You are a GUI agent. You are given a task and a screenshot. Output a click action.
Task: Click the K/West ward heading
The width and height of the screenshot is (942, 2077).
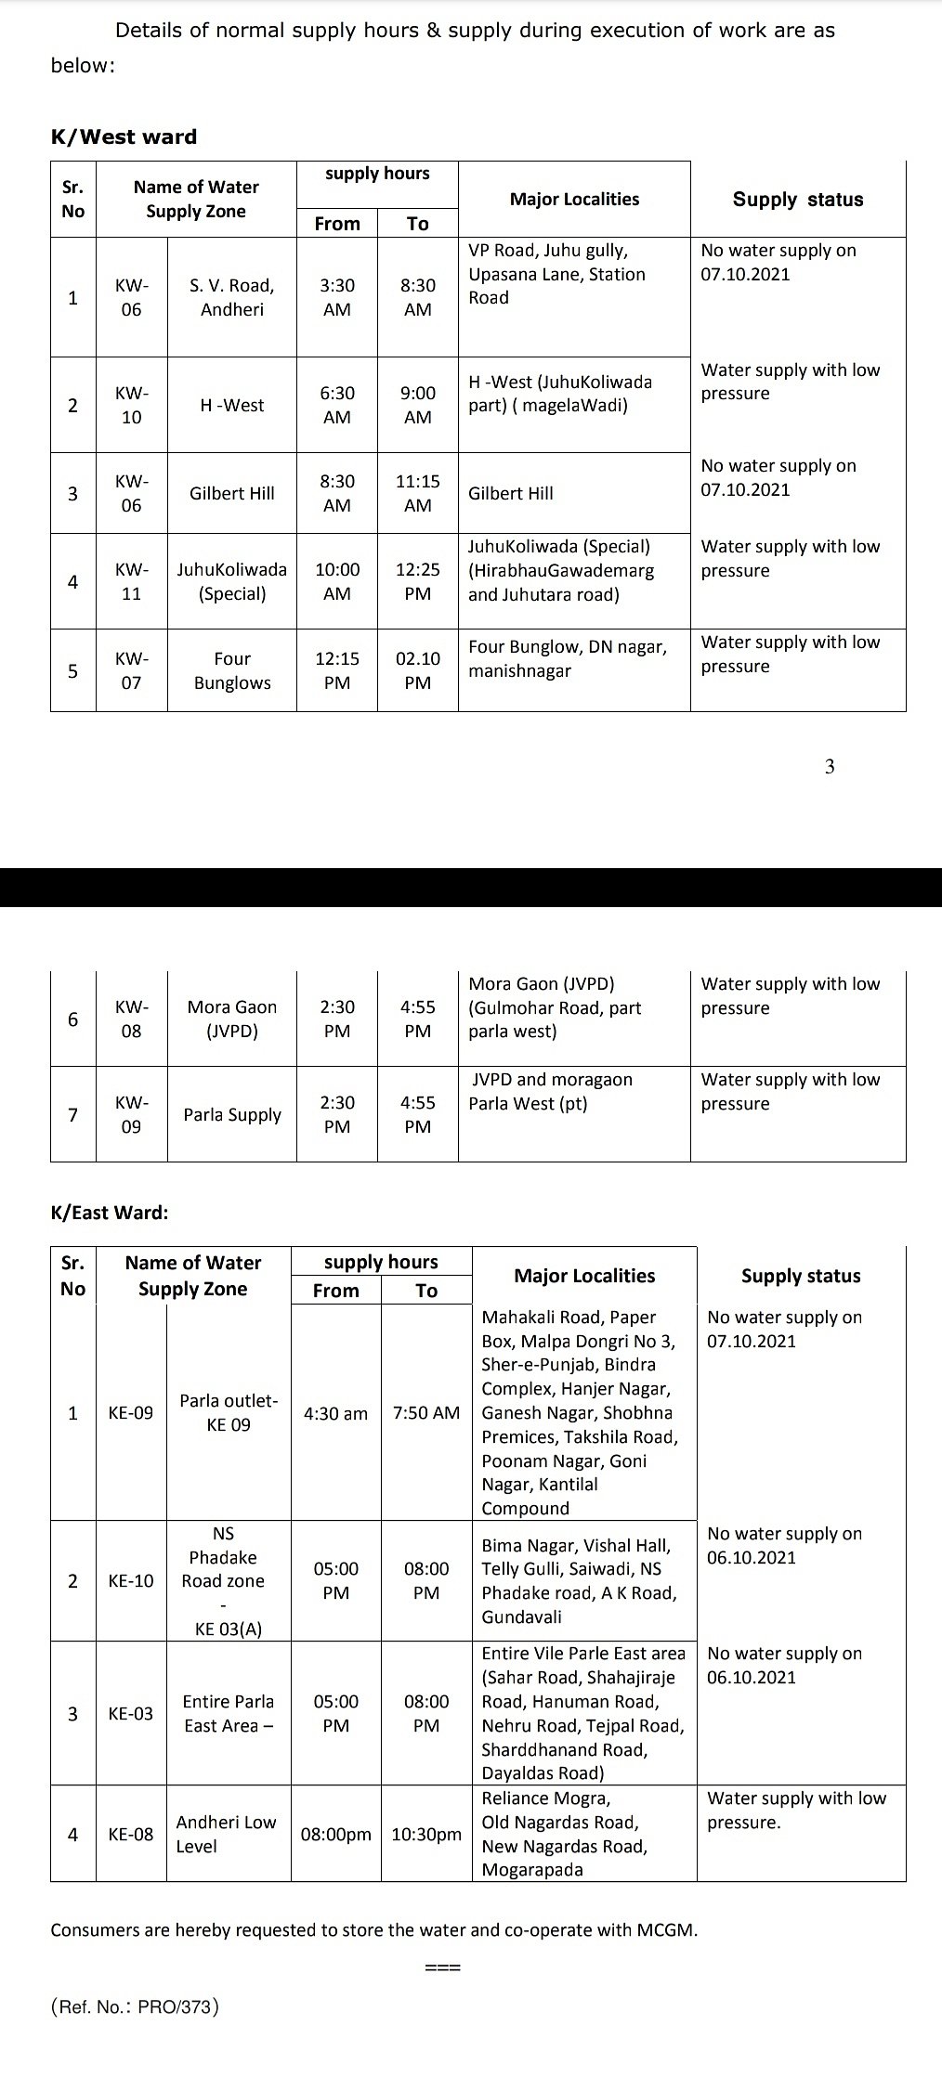coord(124,136)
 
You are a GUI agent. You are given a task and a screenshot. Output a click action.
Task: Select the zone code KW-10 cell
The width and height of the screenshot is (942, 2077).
coord(132,405)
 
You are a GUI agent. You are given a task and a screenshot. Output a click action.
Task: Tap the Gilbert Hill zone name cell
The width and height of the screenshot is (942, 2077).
coord(231,493)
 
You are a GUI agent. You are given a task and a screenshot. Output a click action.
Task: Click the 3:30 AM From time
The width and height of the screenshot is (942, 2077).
coord(336,297)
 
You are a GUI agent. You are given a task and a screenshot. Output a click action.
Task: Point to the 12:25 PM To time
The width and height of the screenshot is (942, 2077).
coord(417,581)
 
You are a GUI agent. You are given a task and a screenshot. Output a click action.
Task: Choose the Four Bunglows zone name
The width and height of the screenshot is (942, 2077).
coord(231,670)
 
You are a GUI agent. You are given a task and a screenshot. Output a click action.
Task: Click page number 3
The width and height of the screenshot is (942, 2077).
coord(830,766)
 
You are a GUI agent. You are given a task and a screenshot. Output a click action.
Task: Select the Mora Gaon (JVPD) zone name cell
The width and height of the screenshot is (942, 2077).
coord(231,1019)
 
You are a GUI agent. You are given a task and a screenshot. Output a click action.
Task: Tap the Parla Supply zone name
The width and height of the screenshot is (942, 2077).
coord(231,1114)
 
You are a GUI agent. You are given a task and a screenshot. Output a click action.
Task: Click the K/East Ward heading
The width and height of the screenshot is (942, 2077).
coord(110,1212)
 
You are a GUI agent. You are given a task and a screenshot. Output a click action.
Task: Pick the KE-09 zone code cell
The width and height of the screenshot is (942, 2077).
coord(131,1412)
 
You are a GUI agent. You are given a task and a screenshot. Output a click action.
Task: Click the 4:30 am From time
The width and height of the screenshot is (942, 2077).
coord(335,1413)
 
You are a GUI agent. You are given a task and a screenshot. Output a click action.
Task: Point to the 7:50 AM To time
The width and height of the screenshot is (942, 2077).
coord(425,1413)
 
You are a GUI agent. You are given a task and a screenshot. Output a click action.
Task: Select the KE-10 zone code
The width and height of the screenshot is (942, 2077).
coord(131,1580)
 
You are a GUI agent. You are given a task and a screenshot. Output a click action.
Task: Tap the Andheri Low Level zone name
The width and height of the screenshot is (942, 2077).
coord(226,1834)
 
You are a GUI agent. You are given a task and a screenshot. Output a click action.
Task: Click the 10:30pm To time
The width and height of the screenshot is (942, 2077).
coord(425,1835)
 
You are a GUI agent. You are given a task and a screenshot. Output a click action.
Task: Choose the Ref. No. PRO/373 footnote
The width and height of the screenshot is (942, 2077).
coord(135,2006)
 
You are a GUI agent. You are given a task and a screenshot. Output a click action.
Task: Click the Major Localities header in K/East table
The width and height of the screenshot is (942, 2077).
coord(584,1276)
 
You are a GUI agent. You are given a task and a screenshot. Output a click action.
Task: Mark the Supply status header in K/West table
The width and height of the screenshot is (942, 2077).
coord(797,200)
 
